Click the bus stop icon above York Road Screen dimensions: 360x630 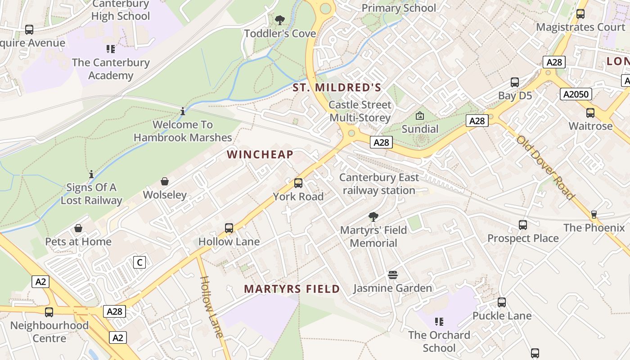pyautogui.click(x=298, y=183)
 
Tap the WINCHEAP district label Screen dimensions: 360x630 pyautogui.click(x=260, y=155)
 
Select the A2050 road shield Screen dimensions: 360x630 pyautogui.click(x=576, y=94)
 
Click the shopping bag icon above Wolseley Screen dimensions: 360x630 pyautogui.click(x=165, y=181)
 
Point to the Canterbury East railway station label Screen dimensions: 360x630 pyautogui.click(x=379, y=184)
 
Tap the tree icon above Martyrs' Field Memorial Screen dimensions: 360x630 pyautogui.click(x=373, y=217)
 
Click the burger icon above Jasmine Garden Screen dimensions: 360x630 pyautogui.click(x=393, y=275)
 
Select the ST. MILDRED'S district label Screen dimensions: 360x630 pyautogui.click(x=337, y=88)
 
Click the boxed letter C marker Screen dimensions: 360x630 pyautogui.click(x=139, y=262)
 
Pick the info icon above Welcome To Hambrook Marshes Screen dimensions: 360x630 pyautogui.click(x=183, y=111)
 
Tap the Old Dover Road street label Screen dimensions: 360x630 pyautogui.click(x=545, y=167)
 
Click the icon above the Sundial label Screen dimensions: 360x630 pyautogui.click(x=420, y=116)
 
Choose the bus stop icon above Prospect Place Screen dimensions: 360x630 pyautogui.click(x=522, y=225)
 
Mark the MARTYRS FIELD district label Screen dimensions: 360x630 pyautogui.click(x=292, y=289)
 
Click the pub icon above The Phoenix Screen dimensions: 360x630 pyautogui.click(x=594, y=215)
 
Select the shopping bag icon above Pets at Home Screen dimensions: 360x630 pyautogui.click(x=78, y=229)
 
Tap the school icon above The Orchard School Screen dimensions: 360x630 pyautogui.click(x=439, y=322)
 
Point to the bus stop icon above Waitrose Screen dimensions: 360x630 pyautogui.click(x=590, y=113)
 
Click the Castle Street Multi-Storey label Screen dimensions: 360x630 pyautogui.click(x=360, y=111)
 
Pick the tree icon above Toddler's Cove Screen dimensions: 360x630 pyautogui.click(x=280, y=20)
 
